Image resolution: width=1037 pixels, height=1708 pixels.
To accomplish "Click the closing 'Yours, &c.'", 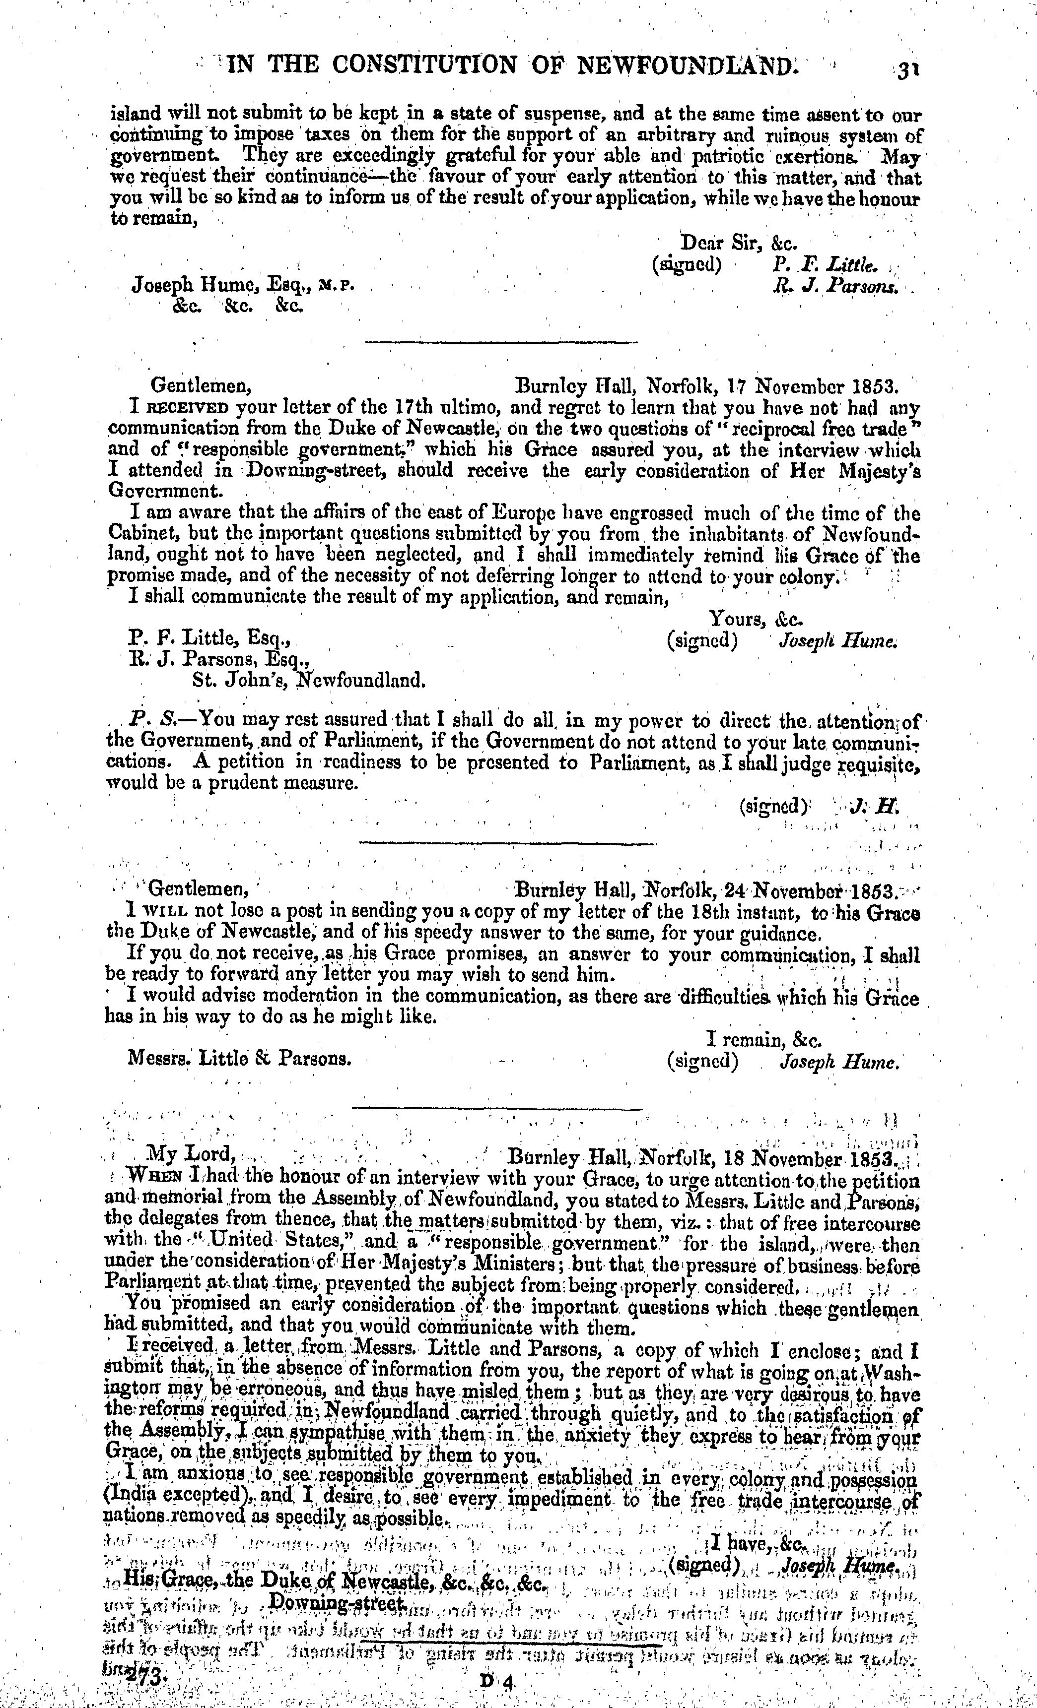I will pos(757,618).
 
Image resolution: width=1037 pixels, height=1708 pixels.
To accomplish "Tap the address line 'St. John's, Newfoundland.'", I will pos(309,680).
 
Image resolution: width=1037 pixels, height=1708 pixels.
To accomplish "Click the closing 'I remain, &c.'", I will pos(763,1039).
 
